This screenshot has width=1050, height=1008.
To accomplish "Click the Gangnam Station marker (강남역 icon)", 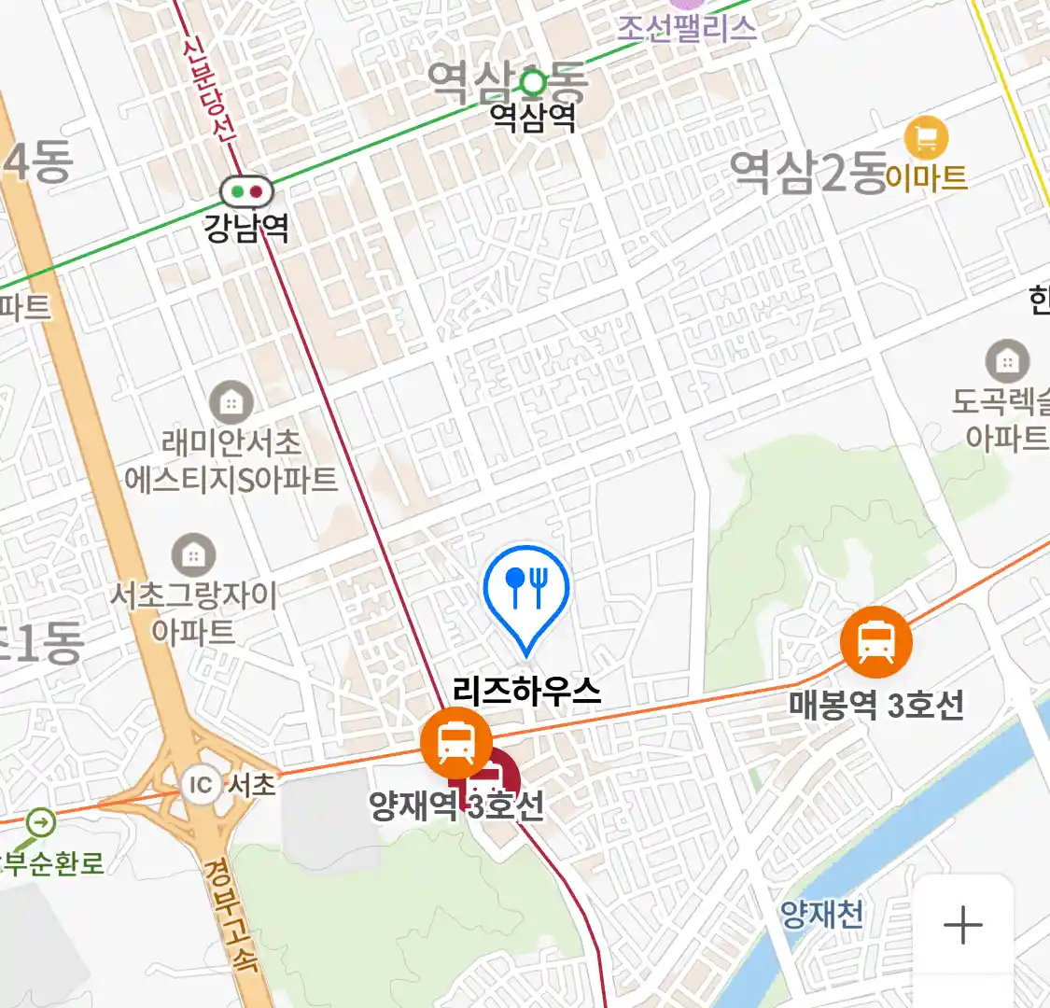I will point(247,192).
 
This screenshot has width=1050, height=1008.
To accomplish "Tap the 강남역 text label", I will point(246,228).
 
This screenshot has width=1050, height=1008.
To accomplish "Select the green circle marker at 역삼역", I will point(533,84).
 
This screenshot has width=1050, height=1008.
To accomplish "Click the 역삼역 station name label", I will point(533,118).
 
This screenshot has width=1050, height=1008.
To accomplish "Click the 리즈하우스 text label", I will point(526,691).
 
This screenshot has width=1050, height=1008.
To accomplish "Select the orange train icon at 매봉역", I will point(875,642).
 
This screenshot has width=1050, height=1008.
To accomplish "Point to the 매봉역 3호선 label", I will point(876,705).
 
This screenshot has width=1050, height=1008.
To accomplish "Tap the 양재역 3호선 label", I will point(456,805).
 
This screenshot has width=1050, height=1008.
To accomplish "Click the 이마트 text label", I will point(926,176).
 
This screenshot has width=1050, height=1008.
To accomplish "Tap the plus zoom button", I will point(962,926).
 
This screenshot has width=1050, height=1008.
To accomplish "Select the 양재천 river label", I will point(821,914).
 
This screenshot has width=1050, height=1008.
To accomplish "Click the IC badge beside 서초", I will point(201,784).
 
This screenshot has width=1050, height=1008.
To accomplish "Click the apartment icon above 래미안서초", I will point(231,403).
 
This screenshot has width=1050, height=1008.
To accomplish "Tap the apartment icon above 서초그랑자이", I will point(193,556).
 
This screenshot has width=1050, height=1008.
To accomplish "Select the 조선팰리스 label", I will point(686,28).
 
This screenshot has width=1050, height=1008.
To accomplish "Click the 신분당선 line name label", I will point(209,89).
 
